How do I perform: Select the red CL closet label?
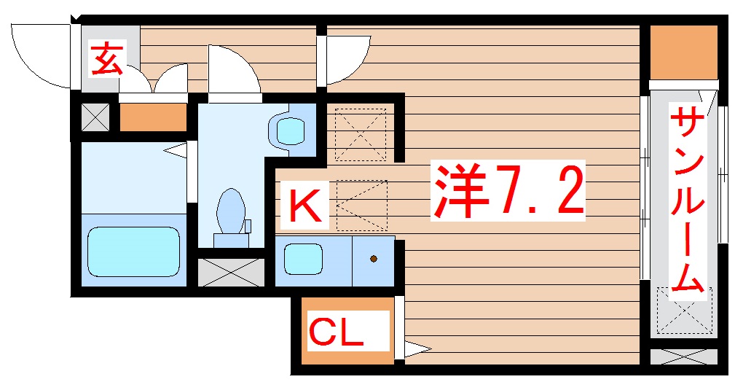337,332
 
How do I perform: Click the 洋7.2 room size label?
509,189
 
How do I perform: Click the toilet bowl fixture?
231,211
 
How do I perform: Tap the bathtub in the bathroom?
133,251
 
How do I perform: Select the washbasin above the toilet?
291,130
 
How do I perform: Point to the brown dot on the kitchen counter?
374,259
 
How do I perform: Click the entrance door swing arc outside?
40,55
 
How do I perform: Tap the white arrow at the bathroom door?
175,151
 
